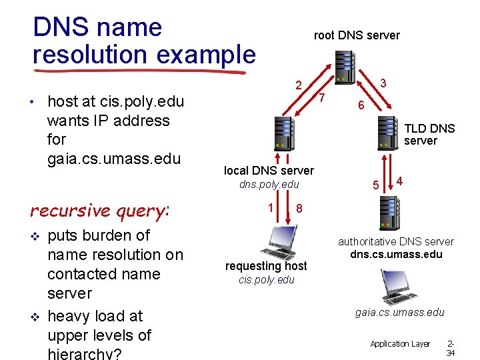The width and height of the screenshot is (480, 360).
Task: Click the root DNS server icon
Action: (x=347, y=67)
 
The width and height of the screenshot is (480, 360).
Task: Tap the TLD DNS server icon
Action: (x=389, y=133)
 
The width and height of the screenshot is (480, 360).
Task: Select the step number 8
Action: (x=299, y=209)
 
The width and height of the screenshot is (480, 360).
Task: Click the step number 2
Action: (x=300, y=85)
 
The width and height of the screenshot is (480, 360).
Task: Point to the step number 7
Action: (x=321, y=99)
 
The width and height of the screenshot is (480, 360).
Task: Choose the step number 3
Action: (x=383, y=83)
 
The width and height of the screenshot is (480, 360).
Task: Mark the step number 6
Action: (x=360, y=106)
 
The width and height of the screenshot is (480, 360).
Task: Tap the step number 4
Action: (x=399, y=181)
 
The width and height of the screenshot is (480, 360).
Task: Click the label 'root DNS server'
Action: (x=357, y=35)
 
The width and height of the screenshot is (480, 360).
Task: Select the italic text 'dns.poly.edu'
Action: (x=269, y=184)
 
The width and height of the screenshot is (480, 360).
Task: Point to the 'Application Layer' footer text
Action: (x=400, y=343)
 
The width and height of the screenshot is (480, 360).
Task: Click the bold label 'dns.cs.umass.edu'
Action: (x=396, y=254)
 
